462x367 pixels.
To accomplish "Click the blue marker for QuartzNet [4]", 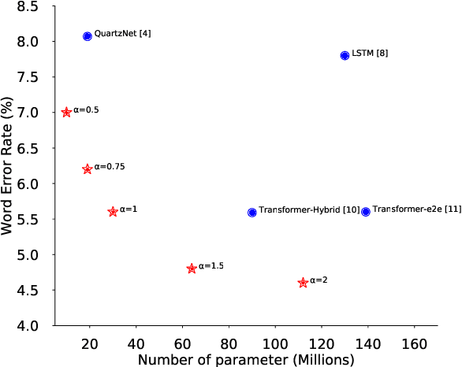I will click(x=88, y=36).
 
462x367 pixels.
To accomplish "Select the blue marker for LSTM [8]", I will click(x=345, y=55).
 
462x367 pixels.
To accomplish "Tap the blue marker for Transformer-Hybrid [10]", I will click(x=252, y=212).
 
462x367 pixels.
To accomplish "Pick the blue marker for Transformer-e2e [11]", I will click(x=366, y=212).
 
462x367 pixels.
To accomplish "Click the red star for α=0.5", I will click(x=66, y=113).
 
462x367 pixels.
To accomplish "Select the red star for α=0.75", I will click(x=88, y=169).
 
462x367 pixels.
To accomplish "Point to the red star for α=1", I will click(x=113, y=212).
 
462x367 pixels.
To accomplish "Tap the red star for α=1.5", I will click(x=192, y=269).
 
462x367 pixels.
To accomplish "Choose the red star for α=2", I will click(x=303, y=283).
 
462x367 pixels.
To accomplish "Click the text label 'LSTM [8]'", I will click(x=370, y=54).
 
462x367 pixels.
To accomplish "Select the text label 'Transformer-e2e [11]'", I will click(x=416, y=209).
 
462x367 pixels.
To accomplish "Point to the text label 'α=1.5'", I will click(x=211, y=266).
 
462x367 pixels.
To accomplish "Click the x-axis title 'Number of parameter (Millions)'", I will click(x=246, y=359).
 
